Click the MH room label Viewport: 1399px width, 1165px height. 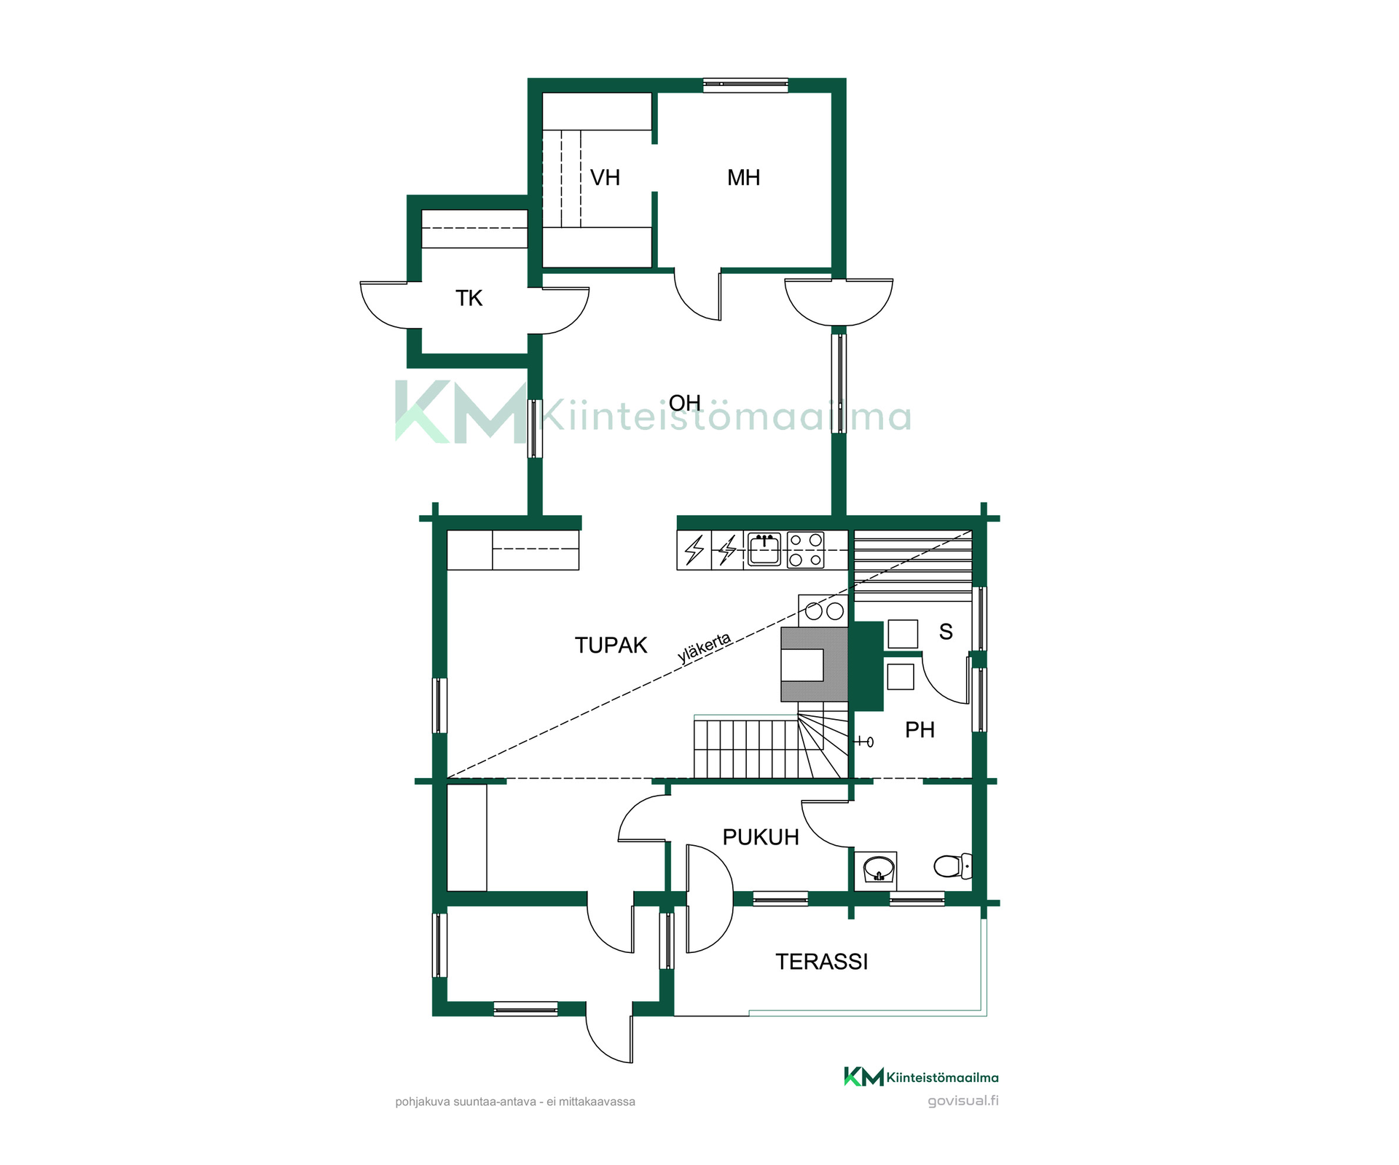pyautogui.click(x=743, y=178)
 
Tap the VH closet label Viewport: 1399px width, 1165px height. pyautogui.click(x=605, y=178)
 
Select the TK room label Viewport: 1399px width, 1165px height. pyautogui.click(x=469, y=298)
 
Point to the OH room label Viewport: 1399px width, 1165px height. pyautogui.click(x=685, y=403)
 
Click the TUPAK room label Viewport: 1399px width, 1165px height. pyautogui.click(x=611, y=646)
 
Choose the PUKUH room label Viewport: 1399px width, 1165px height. pyautogui.click(x=761, y=837)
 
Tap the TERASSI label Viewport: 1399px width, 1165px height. pyautogui.click(x=822, y=962)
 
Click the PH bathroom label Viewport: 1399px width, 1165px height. pyautogui.click(x=920, y=730)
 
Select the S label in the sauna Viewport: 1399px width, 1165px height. pyautogui.click(x=946, y=632)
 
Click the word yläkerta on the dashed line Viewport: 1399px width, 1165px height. pyautogui.click(x=704, y=648)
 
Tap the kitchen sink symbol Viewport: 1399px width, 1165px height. pyautogui.click(x=764, y=549)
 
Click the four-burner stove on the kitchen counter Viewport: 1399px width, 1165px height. pyautogui.click(x=806, y=550)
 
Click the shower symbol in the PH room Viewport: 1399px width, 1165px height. pyautogui.click(x=864, y=742)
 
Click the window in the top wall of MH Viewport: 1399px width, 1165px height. pyautogui.click(x=745, y=85)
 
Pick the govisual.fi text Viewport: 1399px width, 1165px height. pyautogui.click(x=963, y=1100)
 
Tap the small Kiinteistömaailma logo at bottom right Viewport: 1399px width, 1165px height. pyautogui.click(x=921, y=1077)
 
